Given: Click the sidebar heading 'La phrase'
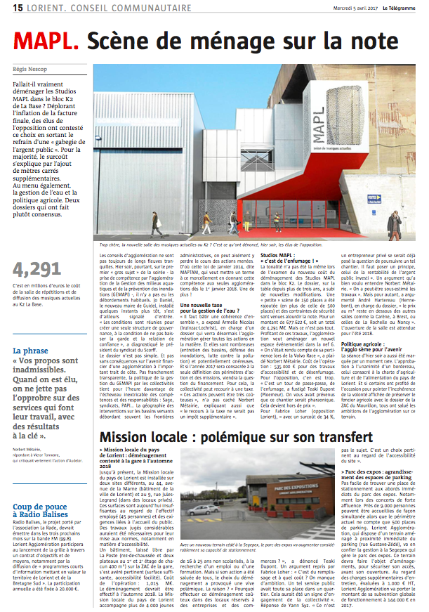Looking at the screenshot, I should tap(32, 331).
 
